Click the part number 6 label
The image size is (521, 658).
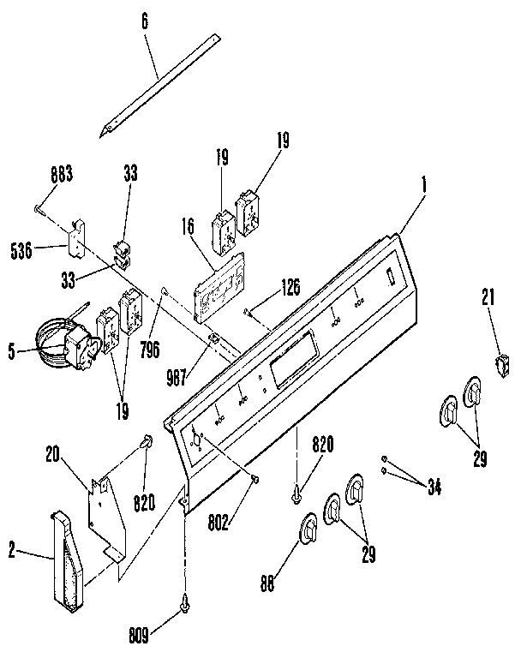pyautogui.click(x=145, y=21)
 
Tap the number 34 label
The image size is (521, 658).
pyautogui.click(x=434, y=488)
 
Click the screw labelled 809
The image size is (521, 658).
pyautogui.click(x=184, y=605)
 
